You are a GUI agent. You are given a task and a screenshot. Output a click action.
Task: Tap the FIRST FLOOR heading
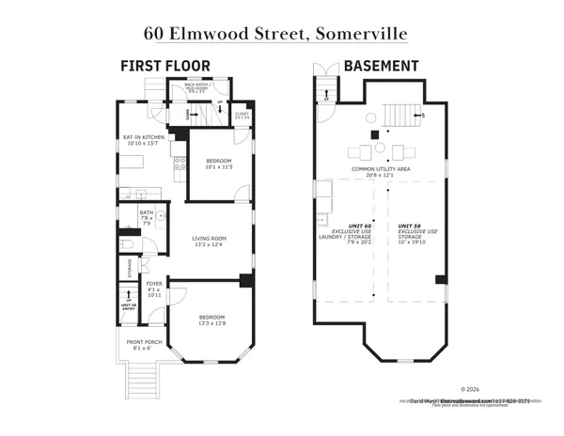[164, 66]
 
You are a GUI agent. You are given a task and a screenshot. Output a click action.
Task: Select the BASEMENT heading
[380, 66]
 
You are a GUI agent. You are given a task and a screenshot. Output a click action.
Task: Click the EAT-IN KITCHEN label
[145, 138]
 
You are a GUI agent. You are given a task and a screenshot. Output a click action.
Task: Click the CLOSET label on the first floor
[242, 115]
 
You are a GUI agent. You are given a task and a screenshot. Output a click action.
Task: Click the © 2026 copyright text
[470, 388]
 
